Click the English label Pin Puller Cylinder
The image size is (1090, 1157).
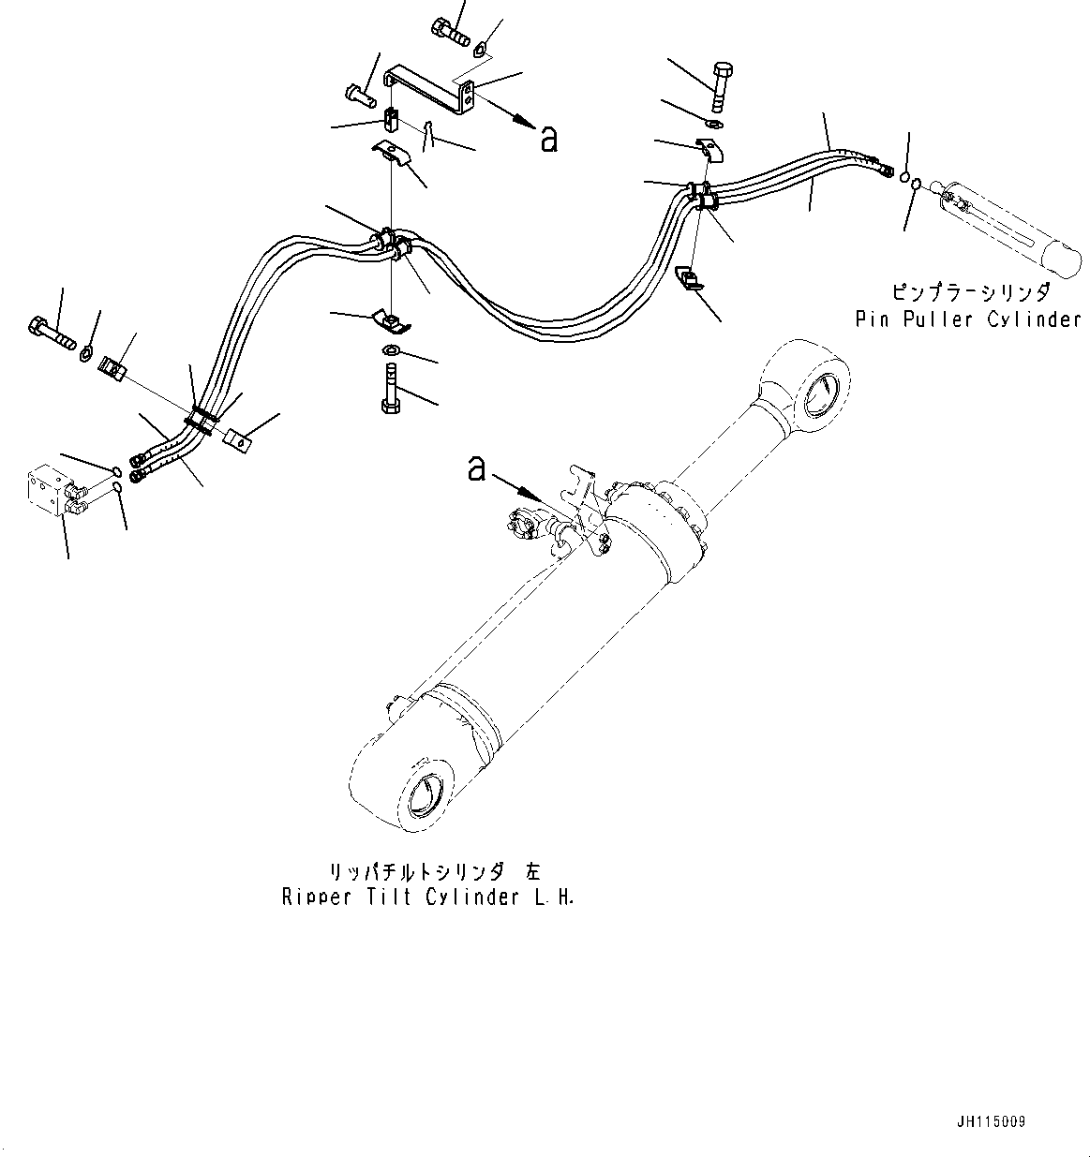[x=968, y=319]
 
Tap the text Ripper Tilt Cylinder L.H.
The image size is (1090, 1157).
[x=427, y=897]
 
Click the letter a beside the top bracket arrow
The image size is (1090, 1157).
[x=549, y=140]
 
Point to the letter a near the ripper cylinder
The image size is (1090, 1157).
[x=477, y=467]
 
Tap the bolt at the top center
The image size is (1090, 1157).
[x=451, y=31]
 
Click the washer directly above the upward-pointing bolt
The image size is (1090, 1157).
[x=390, y=351]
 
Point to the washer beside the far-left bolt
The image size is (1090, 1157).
[x=86, y=352]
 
